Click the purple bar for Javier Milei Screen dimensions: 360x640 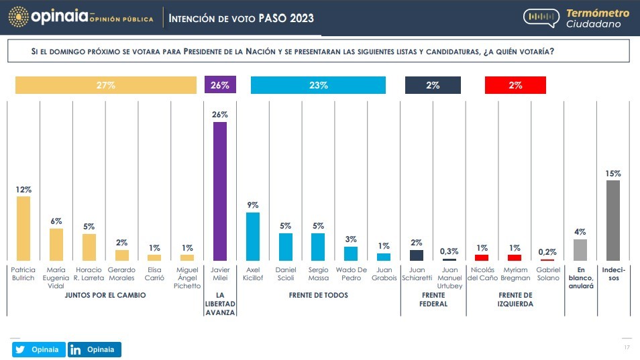click(x=219, y=191)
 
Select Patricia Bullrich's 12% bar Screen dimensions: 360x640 click(x=23, y=228)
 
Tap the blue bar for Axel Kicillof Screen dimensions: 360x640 click(x=253, y=236)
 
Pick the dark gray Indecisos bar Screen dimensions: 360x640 click(x=612, y=220)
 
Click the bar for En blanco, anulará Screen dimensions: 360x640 click(x=580, y=249)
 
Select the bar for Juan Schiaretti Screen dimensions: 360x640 click(x=417, y=255)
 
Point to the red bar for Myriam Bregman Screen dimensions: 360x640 click(x=515, y=257)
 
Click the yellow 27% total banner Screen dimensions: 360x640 click(x=106, y=85)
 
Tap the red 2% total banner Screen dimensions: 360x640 click(x=515, y=85)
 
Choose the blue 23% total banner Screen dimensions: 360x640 click(x=318, y=85)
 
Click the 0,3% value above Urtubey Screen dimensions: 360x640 click(x=449, y=251)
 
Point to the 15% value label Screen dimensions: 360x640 click(x=612, y=174)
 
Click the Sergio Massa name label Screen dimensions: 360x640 click(x=318, y=274)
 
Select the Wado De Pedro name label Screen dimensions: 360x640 click(x=351, y=274)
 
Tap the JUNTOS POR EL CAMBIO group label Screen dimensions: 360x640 click(x=105, y=295)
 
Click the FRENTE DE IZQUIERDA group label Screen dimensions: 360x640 click(x=515, y=299)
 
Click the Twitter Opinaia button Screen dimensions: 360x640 click(x=38, y=349)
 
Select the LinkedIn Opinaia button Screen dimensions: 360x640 click(x=94, y=349)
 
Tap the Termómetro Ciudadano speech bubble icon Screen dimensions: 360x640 click(x=541, y=18)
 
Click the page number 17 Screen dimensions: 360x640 click(x=627, y=347)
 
